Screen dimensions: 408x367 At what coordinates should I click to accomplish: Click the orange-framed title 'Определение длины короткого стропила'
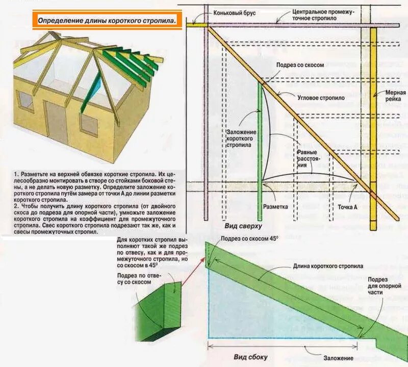click(107, 21)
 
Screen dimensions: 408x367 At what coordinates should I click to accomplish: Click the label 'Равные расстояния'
click(308, 156)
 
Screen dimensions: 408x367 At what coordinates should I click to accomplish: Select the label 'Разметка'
click(275, 207)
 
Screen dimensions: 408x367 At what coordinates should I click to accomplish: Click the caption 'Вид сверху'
click(243, 225)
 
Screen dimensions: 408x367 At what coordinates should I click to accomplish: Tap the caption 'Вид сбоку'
click(250, 357)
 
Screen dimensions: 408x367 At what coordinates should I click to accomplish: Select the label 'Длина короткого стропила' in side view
click(328, 266)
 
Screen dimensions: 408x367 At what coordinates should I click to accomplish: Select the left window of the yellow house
click(26, 102)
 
